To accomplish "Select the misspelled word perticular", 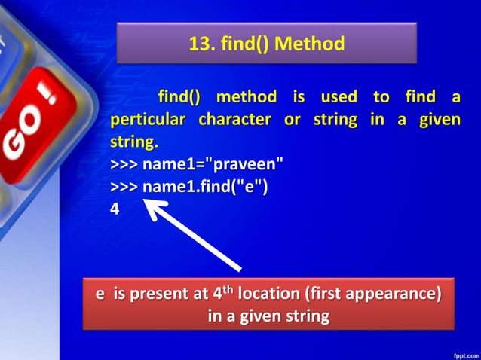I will [x=148, y=121].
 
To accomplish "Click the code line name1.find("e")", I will [x=189, y=186].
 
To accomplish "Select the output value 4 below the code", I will [x=115, y=209].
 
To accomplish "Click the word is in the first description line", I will [x=292, y=98].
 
